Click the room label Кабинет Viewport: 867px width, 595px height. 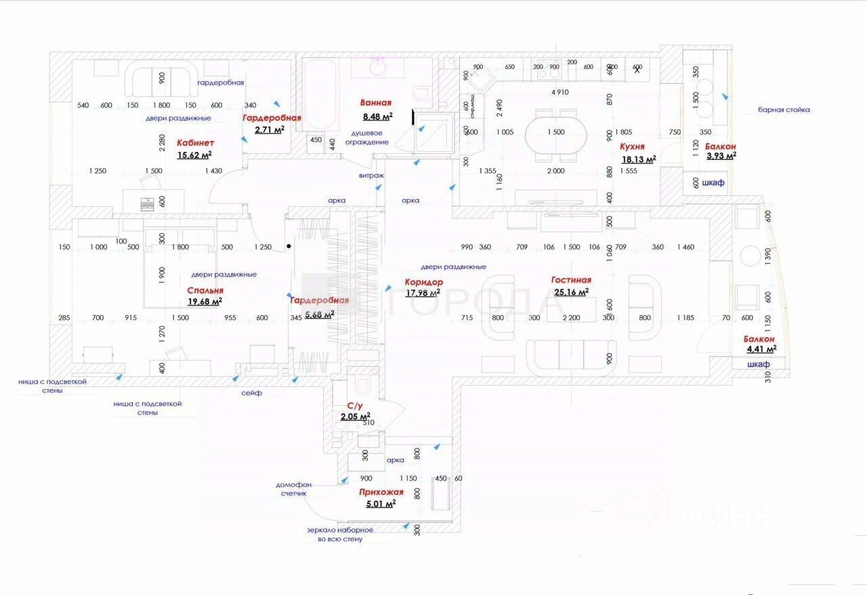[x=195, y=143]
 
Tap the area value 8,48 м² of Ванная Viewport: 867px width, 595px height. [x=376, y=116]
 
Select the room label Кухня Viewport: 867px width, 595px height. [x=632, y=146]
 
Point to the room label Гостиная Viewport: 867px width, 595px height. [x=571, y=280]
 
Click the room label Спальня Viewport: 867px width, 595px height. [x=205, y=290]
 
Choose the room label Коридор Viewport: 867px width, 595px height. [x=424, y=282]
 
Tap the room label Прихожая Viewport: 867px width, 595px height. [x=381, y=493]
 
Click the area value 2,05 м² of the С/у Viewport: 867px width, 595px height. [x=355, y=416]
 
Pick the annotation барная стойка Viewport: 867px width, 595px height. [x=784, y=110]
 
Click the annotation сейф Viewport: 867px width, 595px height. [x=251, y=393]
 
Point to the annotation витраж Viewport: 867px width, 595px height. [x=372, y=176]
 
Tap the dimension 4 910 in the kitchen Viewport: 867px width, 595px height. [x=559, y=92]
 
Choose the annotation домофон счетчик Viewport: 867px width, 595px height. [x=294, y=489]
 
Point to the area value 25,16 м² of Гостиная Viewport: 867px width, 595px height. [x=571, y=292]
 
